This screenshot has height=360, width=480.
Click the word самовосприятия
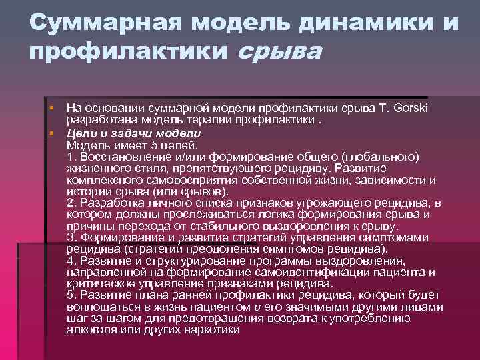(x=177, y=180)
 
